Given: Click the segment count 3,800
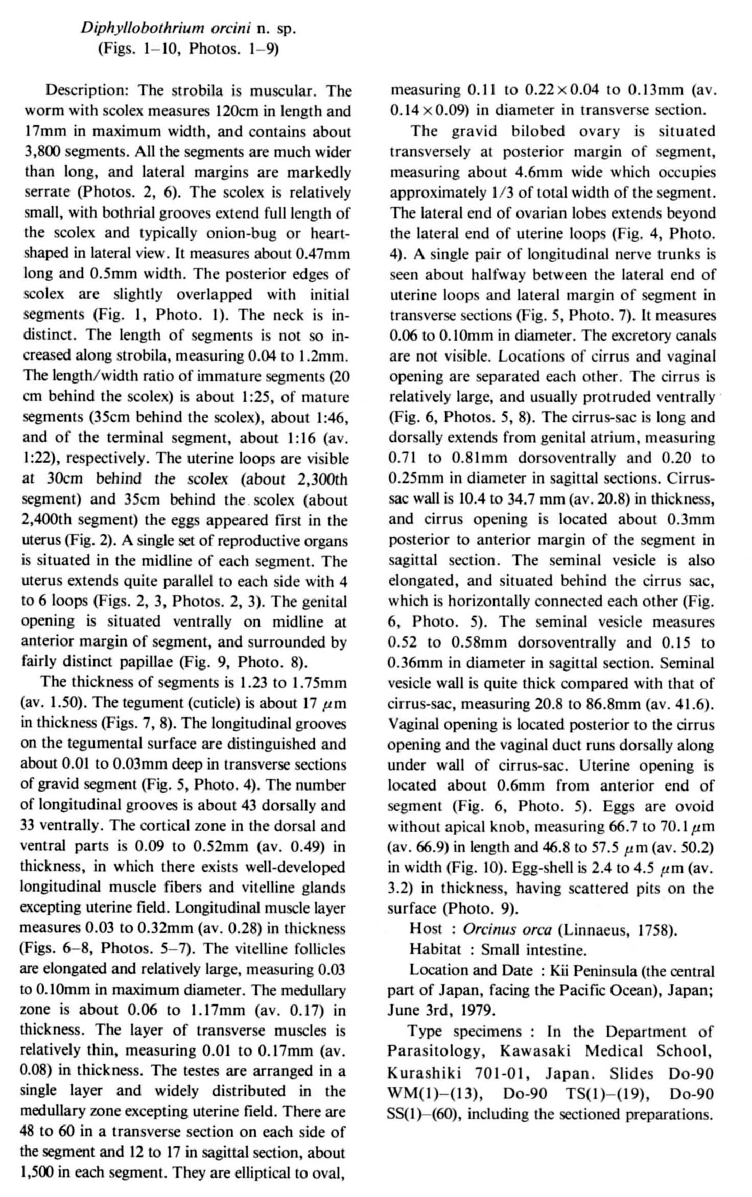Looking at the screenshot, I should (43, 152).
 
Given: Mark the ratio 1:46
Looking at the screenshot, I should (333, 418).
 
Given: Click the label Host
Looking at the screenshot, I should (426, 929).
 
